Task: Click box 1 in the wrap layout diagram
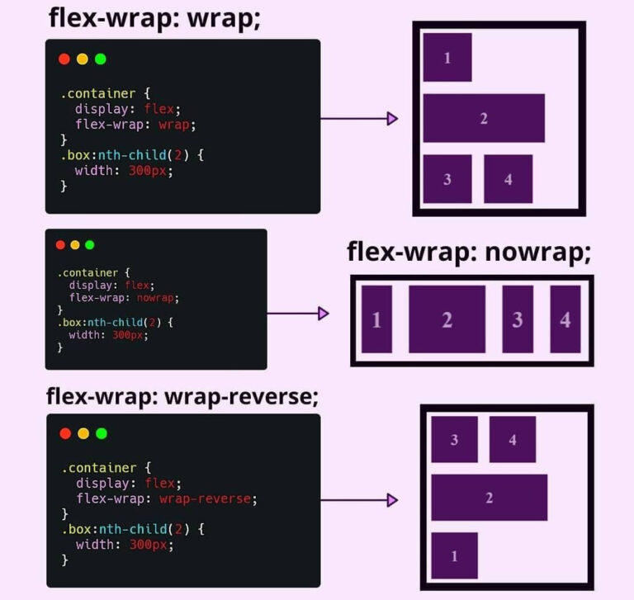(447, 57)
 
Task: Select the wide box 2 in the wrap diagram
(484, 118)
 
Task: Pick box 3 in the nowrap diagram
(518, 319)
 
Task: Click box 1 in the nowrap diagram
(376, 319)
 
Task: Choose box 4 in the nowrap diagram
(565, 319)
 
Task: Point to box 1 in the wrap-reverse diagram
(454, 555)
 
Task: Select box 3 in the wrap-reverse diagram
(454, 439)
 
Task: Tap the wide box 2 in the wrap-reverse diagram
(489, 498)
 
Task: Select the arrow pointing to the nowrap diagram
(298, 314)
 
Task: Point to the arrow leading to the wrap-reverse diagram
(359, 500)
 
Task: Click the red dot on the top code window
(64, 59)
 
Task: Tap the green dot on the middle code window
(90, 245)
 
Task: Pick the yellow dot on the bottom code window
(83, 433)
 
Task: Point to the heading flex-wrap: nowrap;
(469, 253)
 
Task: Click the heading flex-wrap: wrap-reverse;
(182, 396)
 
